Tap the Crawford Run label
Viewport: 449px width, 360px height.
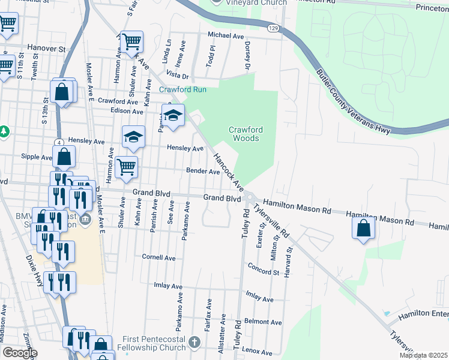pos(182,90)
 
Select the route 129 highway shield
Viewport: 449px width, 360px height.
pos(274,28)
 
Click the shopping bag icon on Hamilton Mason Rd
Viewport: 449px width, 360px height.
pos(363,229)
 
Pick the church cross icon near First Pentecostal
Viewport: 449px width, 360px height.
pos(194,343)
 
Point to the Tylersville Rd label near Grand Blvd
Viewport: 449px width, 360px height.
pos(271,219)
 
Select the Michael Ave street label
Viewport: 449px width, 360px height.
pos(226,36)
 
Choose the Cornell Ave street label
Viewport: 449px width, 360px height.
pos(158,257)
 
